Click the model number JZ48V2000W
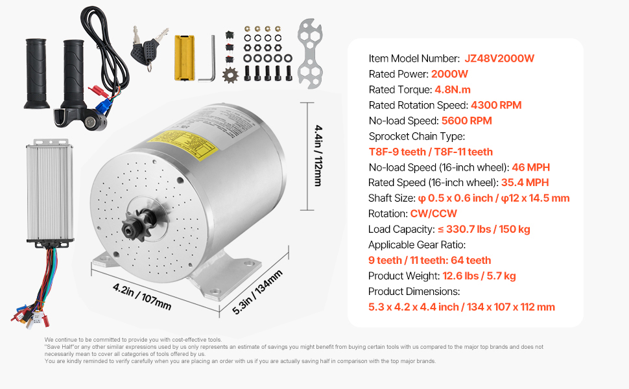click(x=499, y=58)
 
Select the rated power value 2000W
click(x=449, y=74)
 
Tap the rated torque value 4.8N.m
click(x=453, y=89)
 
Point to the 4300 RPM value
click(x=496, y=105)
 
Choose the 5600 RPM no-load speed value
click(x=466, y=121)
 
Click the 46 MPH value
click(x=530, y=167)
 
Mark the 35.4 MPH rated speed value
click(x=525, y=182)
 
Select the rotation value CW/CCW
click(x=433, y=213)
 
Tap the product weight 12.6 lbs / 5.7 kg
click(x=479, y=276)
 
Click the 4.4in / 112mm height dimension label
click(x=318, y=156)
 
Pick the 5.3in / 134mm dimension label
click(x=257, y=292)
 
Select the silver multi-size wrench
click(x=310, y=53)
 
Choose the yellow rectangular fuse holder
click(x=185, y=58)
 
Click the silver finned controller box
click(x=49, y=192)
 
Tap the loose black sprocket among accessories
click(x=230, y=75)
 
